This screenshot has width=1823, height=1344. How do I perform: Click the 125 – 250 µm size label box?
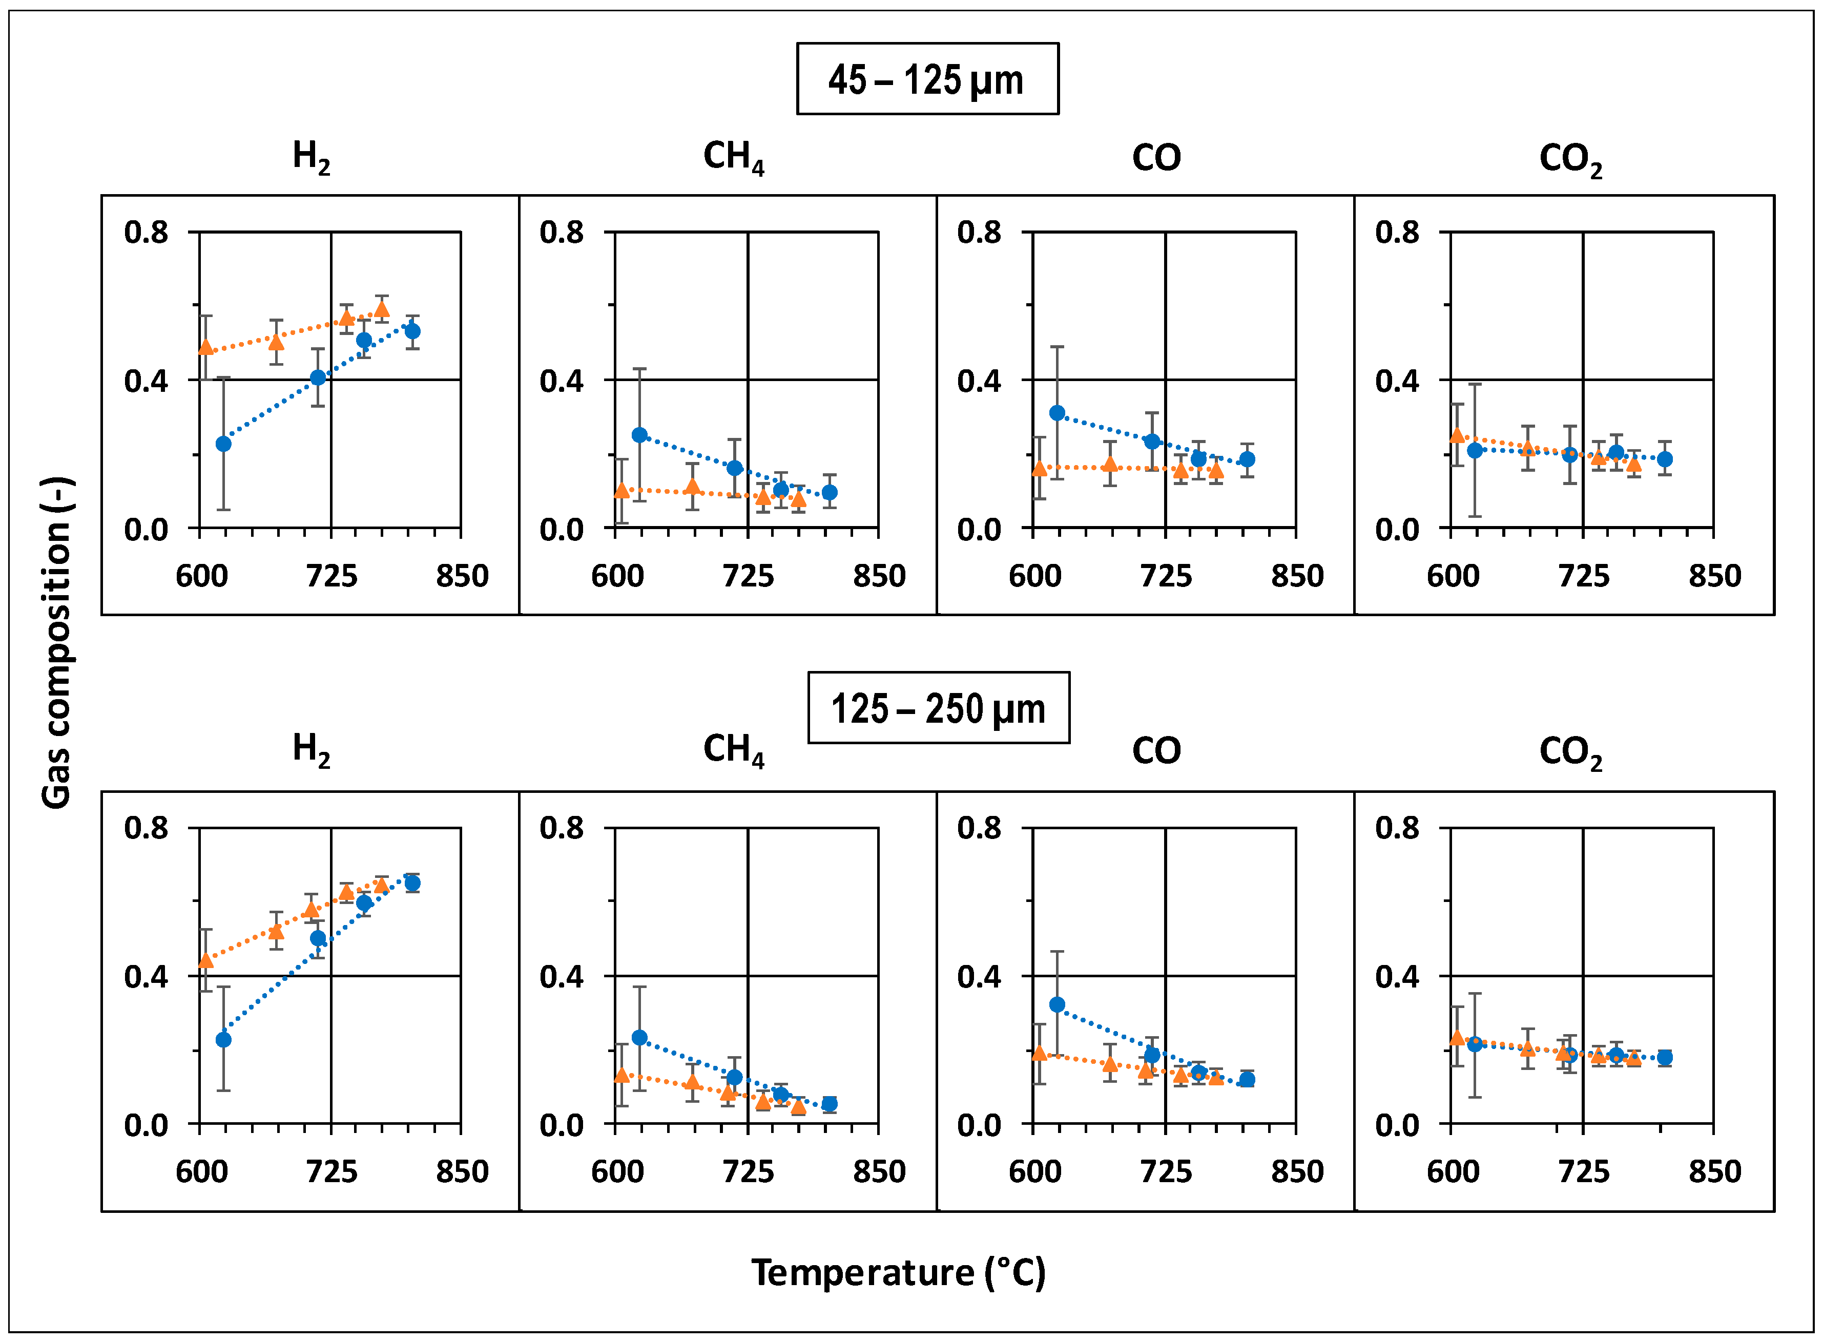[938, 708]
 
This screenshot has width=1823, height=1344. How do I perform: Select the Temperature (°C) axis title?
[898, 1272]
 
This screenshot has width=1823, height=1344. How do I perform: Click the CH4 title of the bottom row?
[733, 749]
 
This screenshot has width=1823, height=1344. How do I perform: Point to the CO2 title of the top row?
[1570, 159]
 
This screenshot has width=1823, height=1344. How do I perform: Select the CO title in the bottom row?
[1156, 750]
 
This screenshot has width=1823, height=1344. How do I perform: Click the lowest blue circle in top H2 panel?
[223, 444]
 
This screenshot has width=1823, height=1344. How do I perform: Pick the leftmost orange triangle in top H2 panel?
[206, 347]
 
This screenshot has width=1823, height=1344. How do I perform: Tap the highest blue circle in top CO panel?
[1057, 412]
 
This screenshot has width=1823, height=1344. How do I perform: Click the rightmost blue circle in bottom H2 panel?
[412, 883]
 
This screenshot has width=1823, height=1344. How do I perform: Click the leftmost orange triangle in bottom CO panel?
[1039, 1054]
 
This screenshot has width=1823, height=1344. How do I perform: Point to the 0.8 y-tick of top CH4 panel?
[562, 233]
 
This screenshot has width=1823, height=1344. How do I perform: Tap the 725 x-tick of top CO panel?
[1166, 576]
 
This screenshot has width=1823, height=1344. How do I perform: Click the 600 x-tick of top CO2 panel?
[1454, 576]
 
